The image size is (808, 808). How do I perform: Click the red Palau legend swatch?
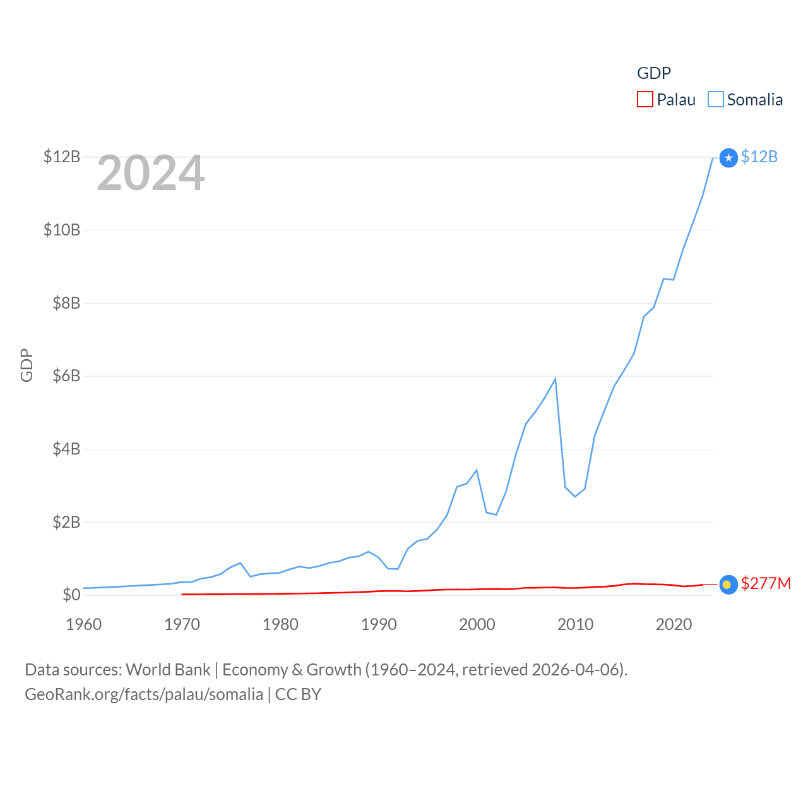[645, 100]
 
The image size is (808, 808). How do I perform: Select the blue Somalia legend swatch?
[715, 100]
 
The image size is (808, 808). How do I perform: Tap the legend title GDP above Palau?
[653, 73]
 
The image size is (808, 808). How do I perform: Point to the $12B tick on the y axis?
[62, 157]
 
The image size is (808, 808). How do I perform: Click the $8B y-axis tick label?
[62, 303]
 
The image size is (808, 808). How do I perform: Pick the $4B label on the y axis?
[62, 449]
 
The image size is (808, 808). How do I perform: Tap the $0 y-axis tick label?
[71, 595]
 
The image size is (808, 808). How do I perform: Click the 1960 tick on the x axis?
[84, 624]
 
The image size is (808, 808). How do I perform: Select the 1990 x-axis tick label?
[379, 624]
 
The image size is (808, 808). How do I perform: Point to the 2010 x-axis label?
[575, 624]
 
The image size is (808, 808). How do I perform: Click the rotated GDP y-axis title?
[27, 365]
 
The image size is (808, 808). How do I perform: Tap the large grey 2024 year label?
[151, 173]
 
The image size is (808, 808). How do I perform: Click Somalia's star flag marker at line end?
[728, 158]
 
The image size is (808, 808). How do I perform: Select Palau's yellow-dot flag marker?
[728, 585]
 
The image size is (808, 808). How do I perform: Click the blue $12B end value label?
[759, 157]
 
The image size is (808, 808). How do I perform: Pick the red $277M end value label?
[766, 583]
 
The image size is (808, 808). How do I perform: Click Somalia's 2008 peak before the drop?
[555, 379]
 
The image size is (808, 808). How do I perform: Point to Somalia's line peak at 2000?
[477, 470]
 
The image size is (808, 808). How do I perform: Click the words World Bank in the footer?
[168, 669]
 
